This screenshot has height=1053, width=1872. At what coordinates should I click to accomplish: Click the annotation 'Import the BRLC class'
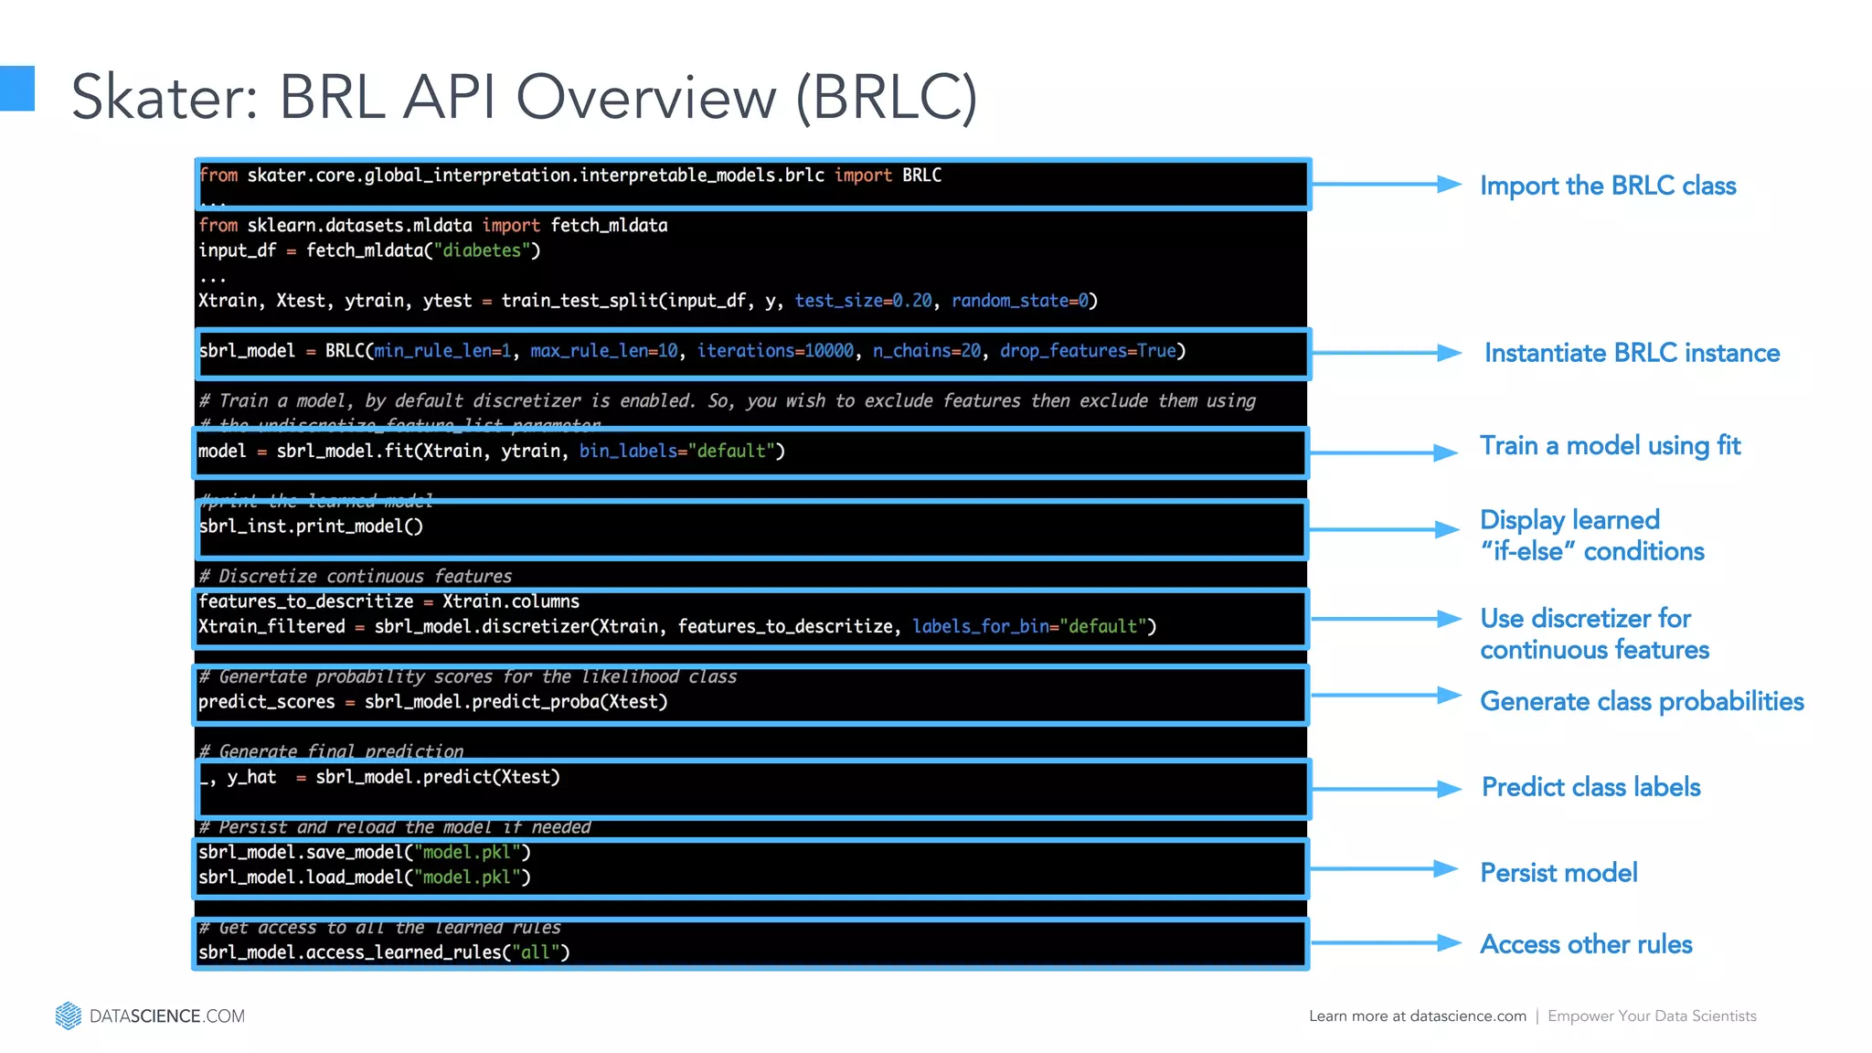[1607, 186]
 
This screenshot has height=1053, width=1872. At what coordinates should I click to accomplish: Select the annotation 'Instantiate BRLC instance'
[1632, 353]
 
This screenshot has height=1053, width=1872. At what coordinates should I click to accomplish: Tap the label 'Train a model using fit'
[1610, 446]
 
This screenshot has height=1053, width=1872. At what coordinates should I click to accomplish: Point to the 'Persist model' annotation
[1558, 873]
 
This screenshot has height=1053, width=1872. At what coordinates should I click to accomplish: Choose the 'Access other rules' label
[1586, 944]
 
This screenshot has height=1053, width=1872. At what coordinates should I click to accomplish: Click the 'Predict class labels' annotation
[1590, 787]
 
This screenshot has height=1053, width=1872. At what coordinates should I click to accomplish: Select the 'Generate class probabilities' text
[1642, 701]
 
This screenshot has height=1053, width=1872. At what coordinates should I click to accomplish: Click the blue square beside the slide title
[16, 89]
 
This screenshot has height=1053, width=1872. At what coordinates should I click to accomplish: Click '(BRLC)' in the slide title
[887, 97]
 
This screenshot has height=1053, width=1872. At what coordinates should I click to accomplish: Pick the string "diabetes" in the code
[482, 250]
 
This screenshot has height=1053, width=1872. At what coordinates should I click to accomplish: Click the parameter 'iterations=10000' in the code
[775, 351]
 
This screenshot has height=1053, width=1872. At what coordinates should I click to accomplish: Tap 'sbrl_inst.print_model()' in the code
[311, 526]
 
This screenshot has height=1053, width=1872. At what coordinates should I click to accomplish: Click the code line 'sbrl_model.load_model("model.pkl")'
[365, 877]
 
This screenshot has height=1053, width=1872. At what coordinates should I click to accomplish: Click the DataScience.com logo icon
[69, 1016]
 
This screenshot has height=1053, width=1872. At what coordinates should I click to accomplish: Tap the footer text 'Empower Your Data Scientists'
[1652, 1016]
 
